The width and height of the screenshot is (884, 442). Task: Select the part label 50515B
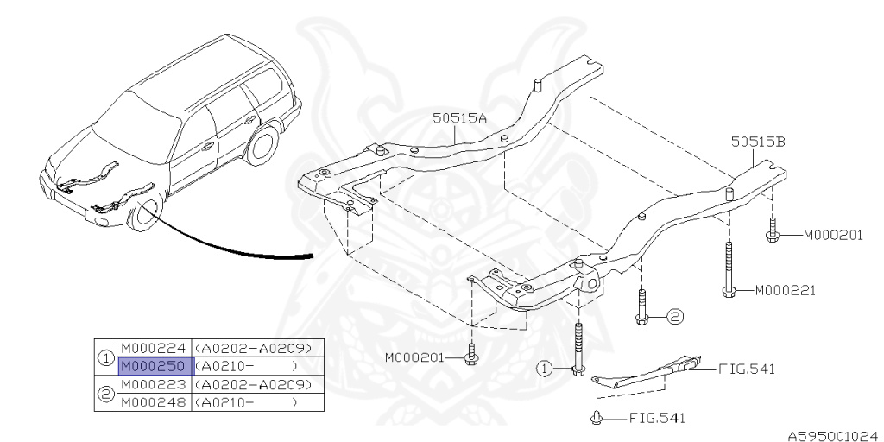pyautogui.click(x=757, y=143)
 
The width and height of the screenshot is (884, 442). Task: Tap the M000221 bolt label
pyautogui.click(x=785, y=290)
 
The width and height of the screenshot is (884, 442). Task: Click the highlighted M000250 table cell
pyautogui.click(x=152, y=365)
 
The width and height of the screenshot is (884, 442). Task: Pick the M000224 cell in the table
pyautogui.click(x=152, y=347)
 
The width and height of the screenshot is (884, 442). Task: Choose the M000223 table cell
pyautogui.click(x=152, y=383)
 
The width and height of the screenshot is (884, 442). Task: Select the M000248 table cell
pyautogui.click(x=152, y=401)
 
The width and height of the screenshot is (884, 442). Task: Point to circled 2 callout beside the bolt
pyautogui.click(x=673, y=317)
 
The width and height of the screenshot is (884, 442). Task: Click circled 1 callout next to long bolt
pyautogui.click(x=544, y=368)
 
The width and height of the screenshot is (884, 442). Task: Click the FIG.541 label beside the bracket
pyautogui.click(x=746, y=369)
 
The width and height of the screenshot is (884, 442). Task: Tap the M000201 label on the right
pyautogui.click(x=833, y=235)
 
